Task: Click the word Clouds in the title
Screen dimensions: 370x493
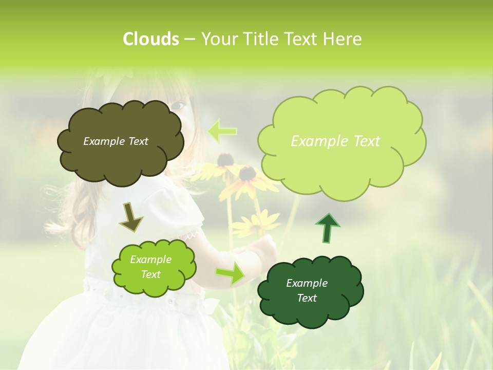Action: pos(150,39)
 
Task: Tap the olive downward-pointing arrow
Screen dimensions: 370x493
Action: pos(131,216)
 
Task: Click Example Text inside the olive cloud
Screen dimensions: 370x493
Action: pos(116,141)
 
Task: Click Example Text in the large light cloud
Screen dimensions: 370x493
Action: pos(335,141)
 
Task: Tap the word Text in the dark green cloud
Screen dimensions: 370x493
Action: pos(307,298)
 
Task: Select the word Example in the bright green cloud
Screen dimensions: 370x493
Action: pos(150,260)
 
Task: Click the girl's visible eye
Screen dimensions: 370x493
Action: pos(179,105)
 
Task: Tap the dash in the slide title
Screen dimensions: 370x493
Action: pos(189,40)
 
